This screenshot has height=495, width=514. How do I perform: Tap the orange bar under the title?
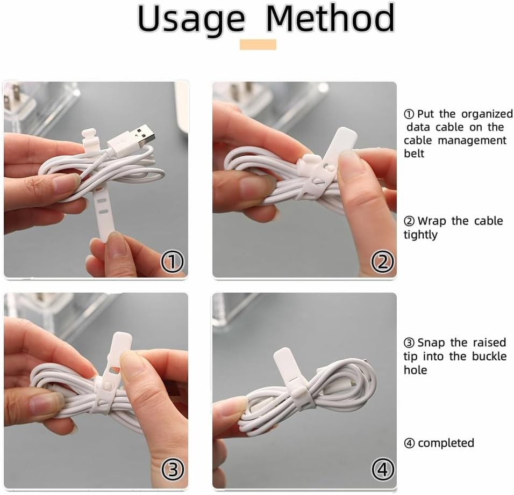pos(258,45)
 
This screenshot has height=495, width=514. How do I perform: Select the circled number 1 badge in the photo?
pos(173,262)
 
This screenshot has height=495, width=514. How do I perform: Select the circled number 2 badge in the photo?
pos(382,262)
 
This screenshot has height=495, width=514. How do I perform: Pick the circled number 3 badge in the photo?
pos(173,471)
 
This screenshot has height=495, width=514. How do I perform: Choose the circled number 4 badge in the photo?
pos(382,471)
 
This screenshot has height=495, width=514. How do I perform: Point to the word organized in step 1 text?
pos(486,114)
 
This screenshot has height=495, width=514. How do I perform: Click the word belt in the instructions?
pos(414,154)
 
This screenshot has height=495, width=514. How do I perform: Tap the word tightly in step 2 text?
pos(420,235)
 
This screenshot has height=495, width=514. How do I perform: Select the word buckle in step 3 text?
pos(486,356)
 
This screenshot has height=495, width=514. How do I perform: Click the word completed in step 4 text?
pos(446,443)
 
